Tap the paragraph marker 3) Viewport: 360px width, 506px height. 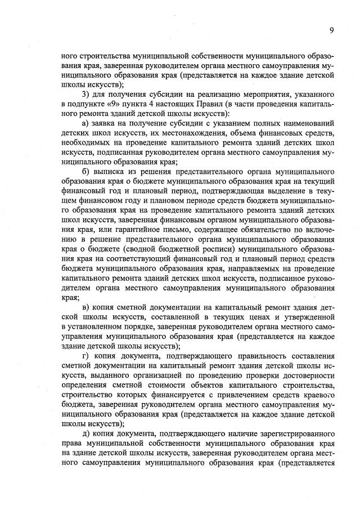pyautogui.click(x=85, y=93)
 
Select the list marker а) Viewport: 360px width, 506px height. pyautogui.click(x=85, y=123)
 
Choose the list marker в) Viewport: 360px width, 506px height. pyautogui.click(x=85, y=306)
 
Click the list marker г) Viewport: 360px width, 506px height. pyautogui.click(x=85, y=355)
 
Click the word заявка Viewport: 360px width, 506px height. pyautogui.click(x=110, y=123)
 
